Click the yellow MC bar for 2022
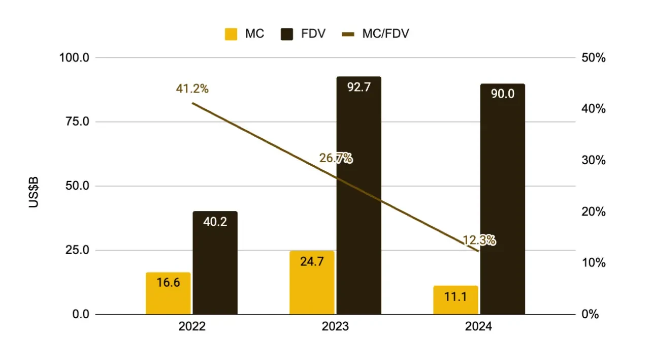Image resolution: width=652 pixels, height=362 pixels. pyautogui.click(x=168, y=293)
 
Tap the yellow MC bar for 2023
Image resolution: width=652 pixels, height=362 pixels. pyautogui.click(x=312, y=283)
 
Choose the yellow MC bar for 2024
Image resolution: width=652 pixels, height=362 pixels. pyautogui.click(x=455, y=300)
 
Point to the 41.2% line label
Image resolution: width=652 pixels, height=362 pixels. pyautogui.click(x=192, y=88)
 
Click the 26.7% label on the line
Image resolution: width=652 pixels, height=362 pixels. pyautogui.click(x=336, y=158)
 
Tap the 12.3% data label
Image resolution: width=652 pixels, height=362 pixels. pyautogui.click(x=479, y=240)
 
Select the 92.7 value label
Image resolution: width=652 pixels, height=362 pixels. pyautogui.click(x=358, y=87)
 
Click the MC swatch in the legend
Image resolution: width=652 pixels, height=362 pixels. pyautogui.click(x=231, y=35)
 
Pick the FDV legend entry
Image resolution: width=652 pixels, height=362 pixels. pyautogui.click(x=302, y=35)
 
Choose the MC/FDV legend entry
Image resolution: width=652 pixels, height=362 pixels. pyautogui.click(x=375, y=35)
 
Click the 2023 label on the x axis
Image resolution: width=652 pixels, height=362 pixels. pyautogui.click(x=335, y=326)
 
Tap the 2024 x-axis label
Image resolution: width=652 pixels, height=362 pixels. pyautogui.click(x=478, y=326)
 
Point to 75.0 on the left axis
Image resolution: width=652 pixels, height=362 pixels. pyautogui.click(x=75, y=122)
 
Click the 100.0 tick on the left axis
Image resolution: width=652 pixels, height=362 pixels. pyautogui.click(x=74, y=58)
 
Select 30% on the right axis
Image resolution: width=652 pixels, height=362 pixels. pyautogui.click(x=593, y=161)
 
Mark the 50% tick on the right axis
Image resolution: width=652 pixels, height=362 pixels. pyautogui.click(x=593, y=58)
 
